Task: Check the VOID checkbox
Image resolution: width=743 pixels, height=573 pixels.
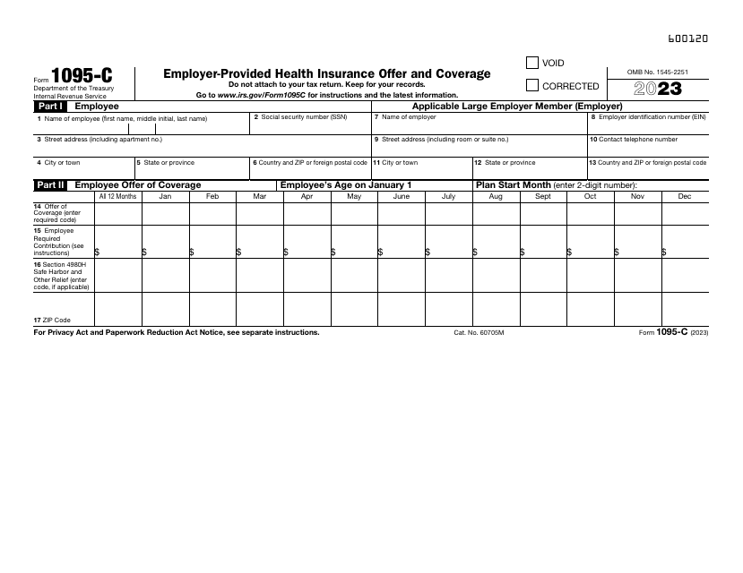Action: click(x=531, y=63)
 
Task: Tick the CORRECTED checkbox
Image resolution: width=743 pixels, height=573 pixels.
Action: click(x=531, y=86)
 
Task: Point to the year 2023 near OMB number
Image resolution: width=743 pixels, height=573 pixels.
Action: click(x=658, y=89)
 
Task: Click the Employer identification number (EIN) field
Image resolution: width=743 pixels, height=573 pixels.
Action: click(x=647, y=126)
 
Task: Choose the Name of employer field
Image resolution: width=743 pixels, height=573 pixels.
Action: click(x=479, y=126)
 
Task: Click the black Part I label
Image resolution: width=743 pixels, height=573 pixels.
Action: click(x=50, y=106)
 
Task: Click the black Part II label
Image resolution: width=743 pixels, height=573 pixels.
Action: click(x=50, y=184)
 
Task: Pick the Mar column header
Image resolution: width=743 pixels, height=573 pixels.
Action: click(x=259, y=196)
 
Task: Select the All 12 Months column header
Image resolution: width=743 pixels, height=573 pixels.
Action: click(x=117, y=196)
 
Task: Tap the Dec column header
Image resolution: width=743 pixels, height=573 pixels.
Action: click(x=684, y=196)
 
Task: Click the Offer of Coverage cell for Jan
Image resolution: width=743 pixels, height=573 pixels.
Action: click(x=165, y=213)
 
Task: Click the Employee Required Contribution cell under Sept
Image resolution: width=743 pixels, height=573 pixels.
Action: click(x=542, y=243)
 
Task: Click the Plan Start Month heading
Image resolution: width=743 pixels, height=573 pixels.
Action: click(x=514, y=184)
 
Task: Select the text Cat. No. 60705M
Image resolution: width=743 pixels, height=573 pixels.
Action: click(x=479, y=332)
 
